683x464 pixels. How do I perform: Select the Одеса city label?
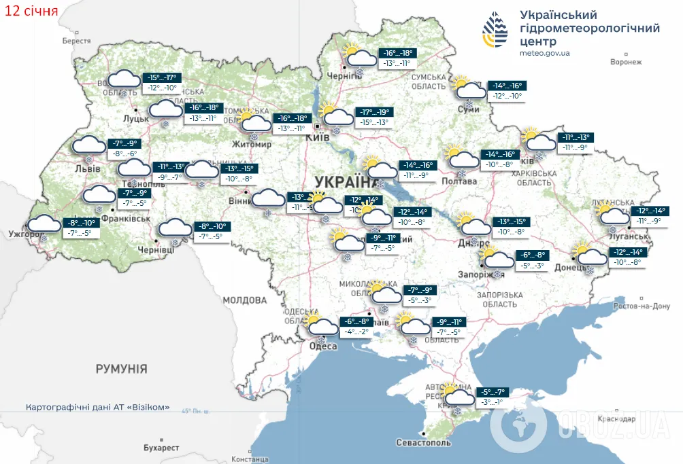[x=323, y=346]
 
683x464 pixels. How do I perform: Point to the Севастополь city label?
[x=423, y=442]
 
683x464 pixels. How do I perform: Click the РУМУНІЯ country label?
[x=121, y=369]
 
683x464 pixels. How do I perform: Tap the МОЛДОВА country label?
[x=244, y=300]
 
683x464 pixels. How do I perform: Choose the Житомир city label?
[x=252, y=145]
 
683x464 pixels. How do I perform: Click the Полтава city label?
[x=459, y=181]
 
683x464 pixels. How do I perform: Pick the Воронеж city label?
[x=626, y=63]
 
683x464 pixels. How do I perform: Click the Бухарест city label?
[x=161, y=448]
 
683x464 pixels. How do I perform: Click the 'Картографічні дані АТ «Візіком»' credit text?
[x=97, y=408]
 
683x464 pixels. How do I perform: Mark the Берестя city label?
[x=76, y=41]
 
